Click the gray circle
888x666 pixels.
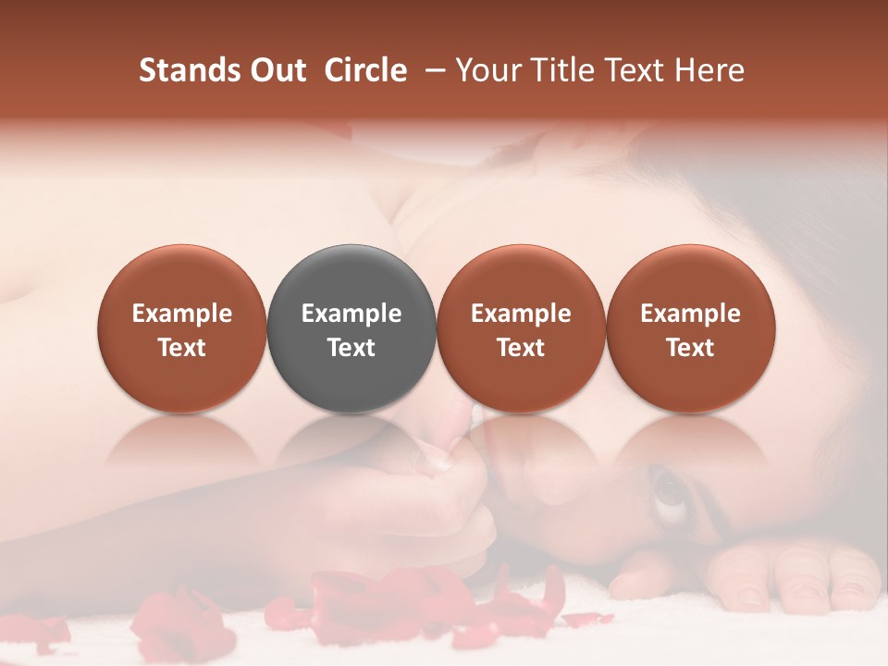[351, 328]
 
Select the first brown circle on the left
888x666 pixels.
[182, 328]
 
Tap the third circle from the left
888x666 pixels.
[521, 328]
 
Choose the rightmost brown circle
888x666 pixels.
[690, 328]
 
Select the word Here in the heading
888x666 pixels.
[709, 70]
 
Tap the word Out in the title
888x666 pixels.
[275, 70]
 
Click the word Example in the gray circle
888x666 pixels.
[351, 314]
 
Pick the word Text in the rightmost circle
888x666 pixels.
[690, 348]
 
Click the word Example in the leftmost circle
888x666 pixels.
[182, 314]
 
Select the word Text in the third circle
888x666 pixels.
[521, 348]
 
